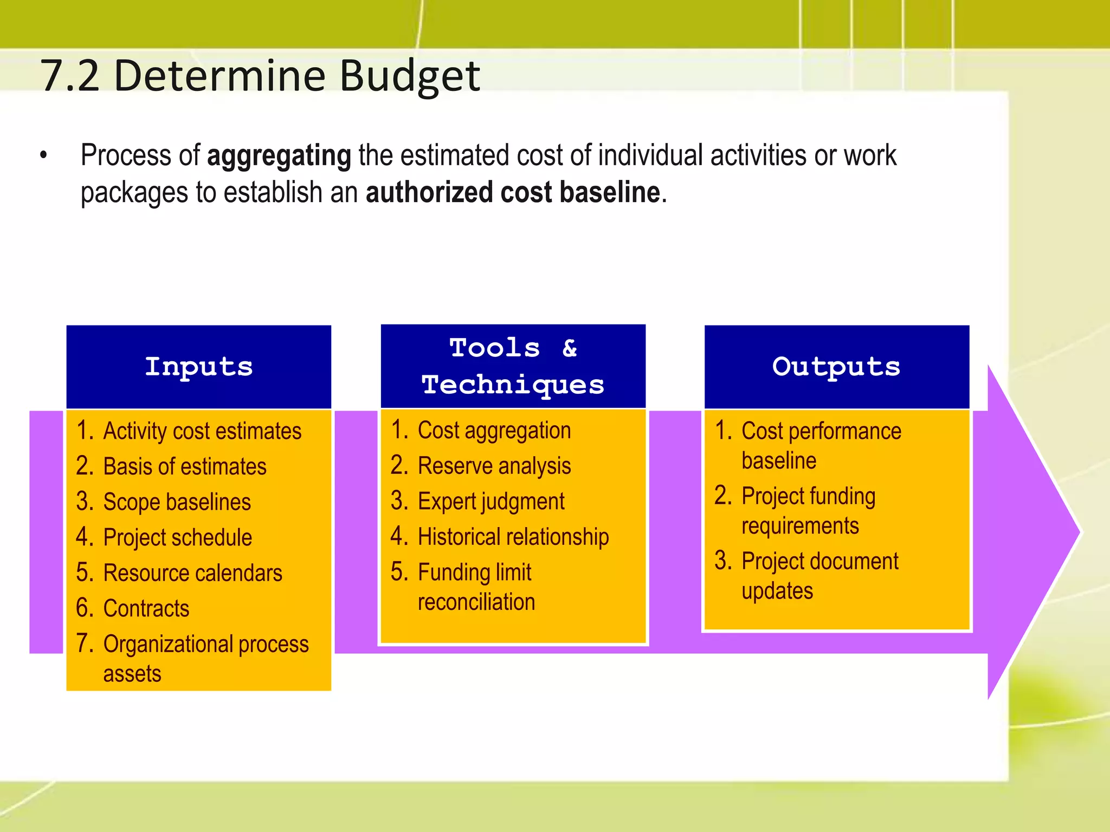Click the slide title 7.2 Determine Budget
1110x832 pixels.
(260, 76)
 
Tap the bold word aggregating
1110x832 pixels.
(279, 156)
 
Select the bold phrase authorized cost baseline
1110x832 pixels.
(513, 193)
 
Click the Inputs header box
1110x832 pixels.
(198, 367)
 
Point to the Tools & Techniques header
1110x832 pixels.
(513, 366)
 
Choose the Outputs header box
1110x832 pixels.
(836, 367)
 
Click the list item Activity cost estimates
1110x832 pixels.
(202, 431)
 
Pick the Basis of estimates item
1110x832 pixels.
(184, 467)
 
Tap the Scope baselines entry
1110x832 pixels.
(177, 502)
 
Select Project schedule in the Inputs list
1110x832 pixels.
(177, 538)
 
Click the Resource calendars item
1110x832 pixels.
(192, 573)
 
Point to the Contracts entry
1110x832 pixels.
(146, 609)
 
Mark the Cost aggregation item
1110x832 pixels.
(494, 431)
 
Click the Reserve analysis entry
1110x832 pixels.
(494, 466)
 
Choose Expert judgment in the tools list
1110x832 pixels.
(491, 502)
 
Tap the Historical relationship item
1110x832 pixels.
(513, 537)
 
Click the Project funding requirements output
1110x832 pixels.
(808, 511)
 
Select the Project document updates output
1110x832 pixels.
(819, 576)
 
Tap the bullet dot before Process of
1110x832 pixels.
(43, 157)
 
